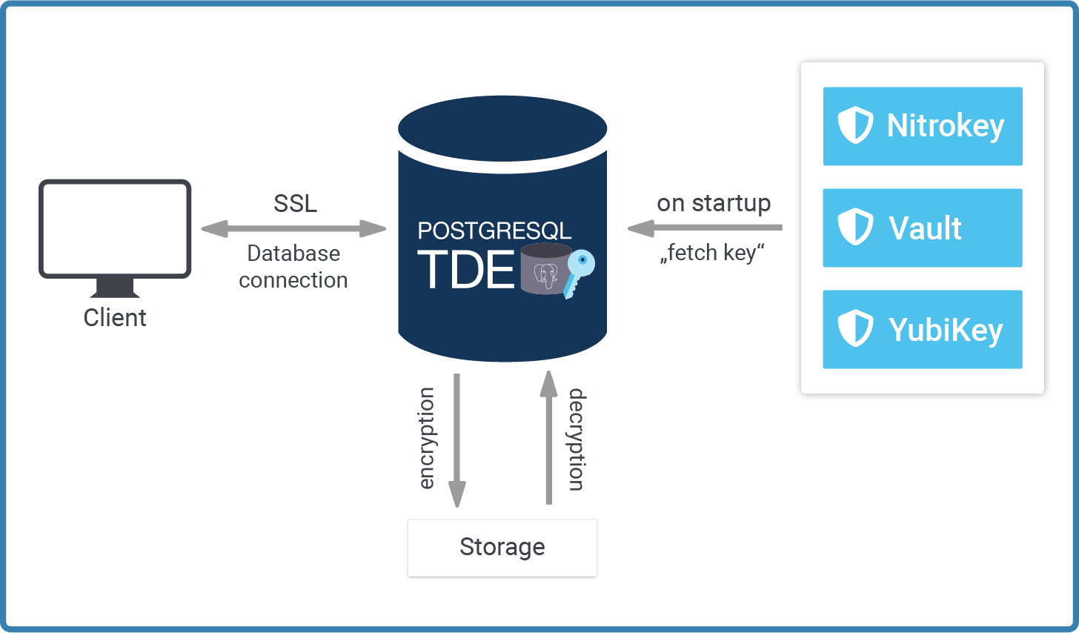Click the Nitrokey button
[923, 126]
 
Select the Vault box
[923, 228]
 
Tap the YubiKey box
[923, 329]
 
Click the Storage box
[502, 548]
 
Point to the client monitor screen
[115, 228]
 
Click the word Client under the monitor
[115, 318]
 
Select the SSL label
[295, 203]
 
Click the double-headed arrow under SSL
[293, 229]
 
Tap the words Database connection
[293, 267]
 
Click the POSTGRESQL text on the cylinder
[494, 231]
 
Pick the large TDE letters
[466, 270]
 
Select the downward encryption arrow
[457, 440]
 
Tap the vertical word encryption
[426, 439]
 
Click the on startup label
[714, 203]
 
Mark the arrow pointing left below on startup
[705, 228]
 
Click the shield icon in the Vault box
[855, 227]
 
